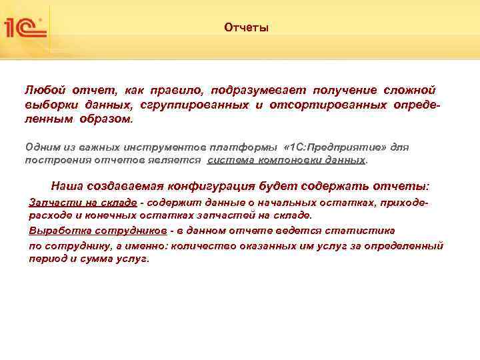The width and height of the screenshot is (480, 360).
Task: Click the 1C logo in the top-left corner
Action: point(25,27)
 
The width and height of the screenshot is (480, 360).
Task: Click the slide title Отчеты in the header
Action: point(246,28)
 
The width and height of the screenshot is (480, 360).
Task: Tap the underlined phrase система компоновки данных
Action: point(287,161)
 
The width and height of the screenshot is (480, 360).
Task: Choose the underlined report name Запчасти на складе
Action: point(83,202)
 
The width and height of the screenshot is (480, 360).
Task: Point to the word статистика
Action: point(364,231)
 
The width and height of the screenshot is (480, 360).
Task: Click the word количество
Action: point(201,245)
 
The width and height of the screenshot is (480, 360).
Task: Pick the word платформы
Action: point(253,146)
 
